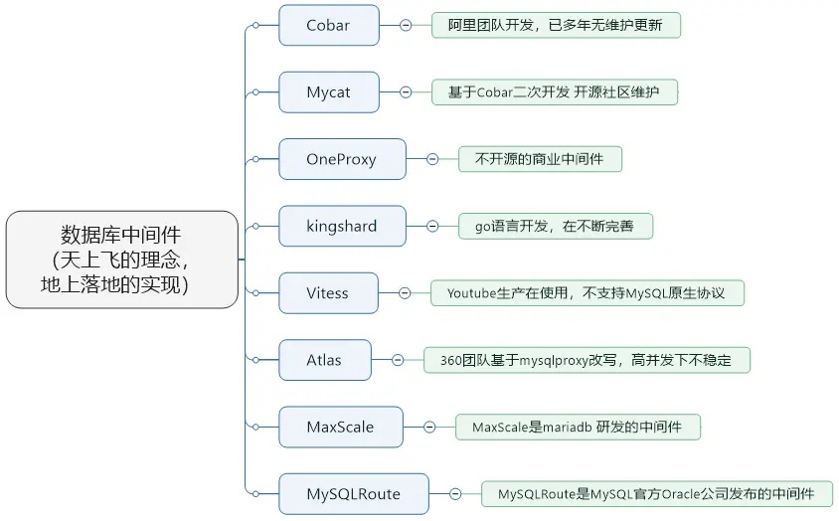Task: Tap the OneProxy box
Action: coord(342,159)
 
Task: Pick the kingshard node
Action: coord(342,226)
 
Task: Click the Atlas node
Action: coord(324,360)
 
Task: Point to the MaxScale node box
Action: coord(340,427)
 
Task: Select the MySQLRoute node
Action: coord(353,493)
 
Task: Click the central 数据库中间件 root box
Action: coord(121,259)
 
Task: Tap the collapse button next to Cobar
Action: coord(406,26)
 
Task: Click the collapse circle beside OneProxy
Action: coord(432,159)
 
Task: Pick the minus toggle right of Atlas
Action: coord(398,360)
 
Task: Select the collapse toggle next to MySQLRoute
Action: coord(454,493)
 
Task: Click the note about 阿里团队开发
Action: coord(556,26)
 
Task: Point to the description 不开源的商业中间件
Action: coord(540,159)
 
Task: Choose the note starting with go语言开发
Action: coord(556,226)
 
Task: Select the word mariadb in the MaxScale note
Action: coord(565,428)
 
